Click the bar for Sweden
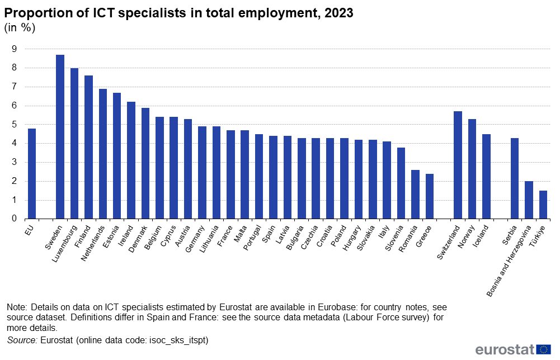point(60,137)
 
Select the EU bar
point(32,174)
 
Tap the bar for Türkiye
point(543,205)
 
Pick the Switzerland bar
point(458,165)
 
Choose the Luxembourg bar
point(74,144)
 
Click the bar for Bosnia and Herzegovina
point(529,200)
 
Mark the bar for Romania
point(415,195)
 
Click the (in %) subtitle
point(20,29)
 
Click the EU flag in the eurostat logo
point(543,349)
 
